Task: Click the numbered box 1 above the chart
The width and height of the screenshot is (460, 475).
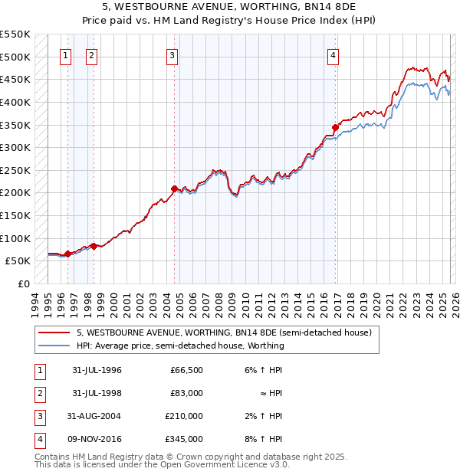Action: point(65,55)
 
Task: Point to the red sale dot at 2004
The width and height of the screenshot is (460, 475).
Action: point(174,188)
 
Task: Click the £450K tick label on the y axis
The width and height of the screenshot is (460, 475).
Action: point(15,79)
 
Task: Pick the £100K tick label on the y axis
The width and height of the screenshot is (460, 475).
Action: point(15,238)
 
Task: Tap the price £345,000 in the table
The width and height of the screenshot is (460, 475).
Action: point(185,439)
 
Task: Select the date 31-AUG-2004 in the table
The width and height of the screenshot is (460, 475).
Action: point(95,416)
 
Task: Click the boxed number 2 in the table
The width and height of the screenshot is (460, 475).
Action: point(38,393)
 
